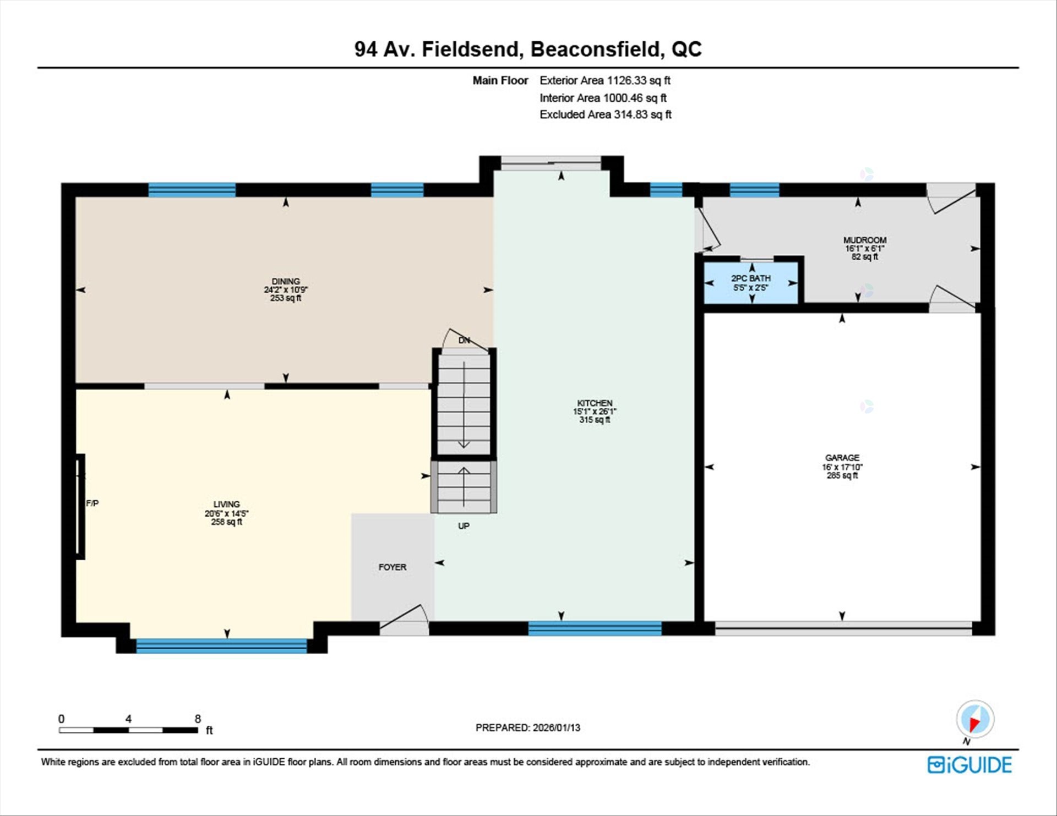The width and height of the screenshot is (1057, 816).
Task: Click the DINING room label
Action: (x=285, y=282)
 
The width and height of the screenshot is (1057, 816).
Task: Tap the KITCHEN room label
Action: (x=595, y=403)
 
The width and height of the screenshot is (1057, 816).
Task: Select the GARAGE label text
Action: (x=842, y=458)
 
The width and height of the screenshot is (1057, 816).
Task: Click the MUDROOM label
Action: (x=865, y=240)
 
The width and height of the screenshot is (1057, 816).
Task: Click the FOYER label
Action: (x=393, y=567)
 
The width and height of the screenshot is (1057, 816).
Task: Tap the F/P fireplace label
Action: (x=92, y=503)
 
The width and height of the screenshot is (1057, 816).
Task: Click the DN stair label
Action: (x=464, y=341)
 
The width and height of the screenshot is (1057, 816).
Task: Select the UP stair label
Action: (x=464, y=526)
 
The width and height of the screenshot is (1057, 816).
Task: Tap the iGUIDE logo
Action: (x=969, y=765)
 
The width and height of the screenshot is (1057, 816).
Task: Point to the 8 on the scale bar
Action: (x=198, y=719)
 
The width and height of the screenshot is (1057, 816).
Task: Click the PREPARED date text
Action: (x=527, y=727)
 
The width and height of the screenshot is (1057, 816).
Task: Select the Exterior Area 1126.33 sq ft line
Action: (x=604, y=80)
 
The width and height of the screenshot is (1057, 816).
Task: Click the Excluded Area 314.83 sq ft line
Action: (x=605, y=114)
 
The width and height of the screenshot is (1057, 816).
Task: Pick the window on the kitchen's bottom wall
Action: (x=595, y=628)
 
